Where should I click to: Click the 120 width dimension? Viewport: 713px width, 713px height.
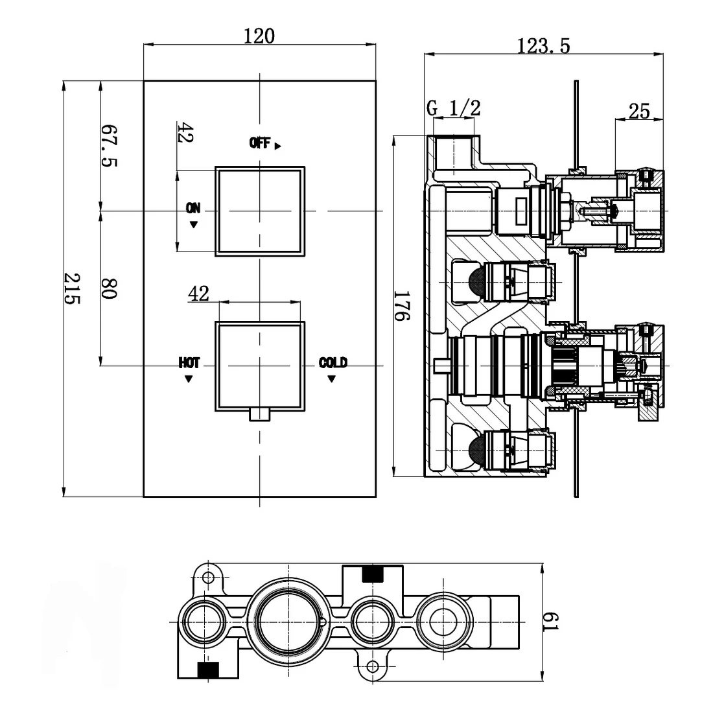[x=259, y=36]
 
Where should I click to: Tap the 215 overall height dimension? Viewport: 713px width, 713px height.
[x=73, y=288]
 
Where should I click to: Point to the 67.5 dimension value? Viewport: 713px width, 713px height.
[x=109, y=145]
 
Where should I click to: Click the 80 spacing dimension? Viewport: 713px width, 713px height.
[x=109, y=288]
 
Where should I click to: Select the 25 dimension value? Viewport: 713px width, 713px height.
[x=639, y=111]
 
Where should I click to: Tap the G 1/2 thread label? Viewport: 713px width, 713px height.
[x=454, y=108]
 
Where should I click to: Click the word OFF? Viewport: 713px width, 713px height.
[x=259, y=143]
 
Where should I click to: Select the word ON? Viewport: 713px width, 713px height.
[x=193, y=208]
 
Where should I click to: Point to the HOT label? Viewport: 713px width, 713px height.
[x=189, y=363]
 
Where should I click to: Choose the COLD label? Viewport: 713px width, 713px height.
[x=333, y=363]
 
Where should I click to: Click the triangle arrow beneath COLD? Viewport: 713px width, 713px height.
[x=331, y=379]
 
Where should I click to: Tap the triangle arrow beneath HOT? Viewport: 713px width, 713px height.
[x=189, y=379]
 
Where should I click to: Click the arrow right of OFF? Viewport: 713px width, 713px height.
[x=278, y=146]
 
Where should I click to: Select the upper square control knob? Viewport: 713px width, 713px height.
[x=259, y=210]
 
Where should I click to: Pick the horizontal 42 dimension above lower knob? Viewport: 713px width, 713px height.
[x=199, y=294]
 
